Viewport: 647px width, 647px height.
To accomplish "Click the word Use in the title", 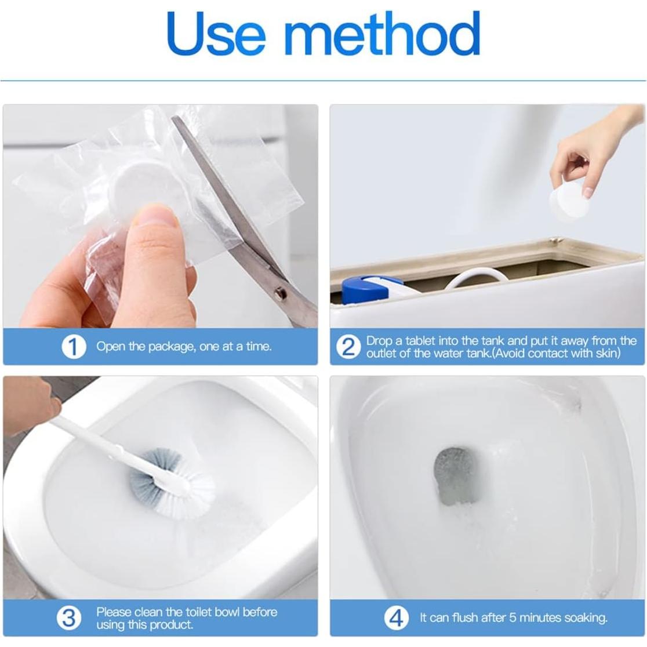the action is (216, 33).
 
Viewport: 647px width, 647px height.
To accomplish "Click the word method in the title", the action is (383, 33).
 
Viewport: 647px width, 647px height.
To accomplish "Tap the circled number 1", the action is (74, 347).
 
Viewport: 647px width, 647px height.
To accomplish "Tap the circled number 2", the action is (348, 347).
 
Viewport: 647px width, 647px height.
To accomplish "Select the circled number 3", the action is (69, 617).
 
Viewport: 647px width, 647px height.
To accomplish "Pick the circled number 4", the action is (396, 617).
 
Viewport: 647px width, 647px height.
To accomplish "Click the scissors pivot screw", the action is (282, 293).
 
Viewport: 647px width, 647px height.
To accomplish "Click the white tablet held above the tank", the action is (569, 201).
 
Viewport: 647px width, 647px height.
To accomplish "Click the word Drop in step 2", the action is (379, 341).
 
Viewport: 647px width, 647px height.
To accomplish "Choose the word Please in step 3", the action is (114, 612).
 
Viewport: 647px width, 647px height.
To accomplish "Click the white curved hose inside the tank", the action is (479, 277).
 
